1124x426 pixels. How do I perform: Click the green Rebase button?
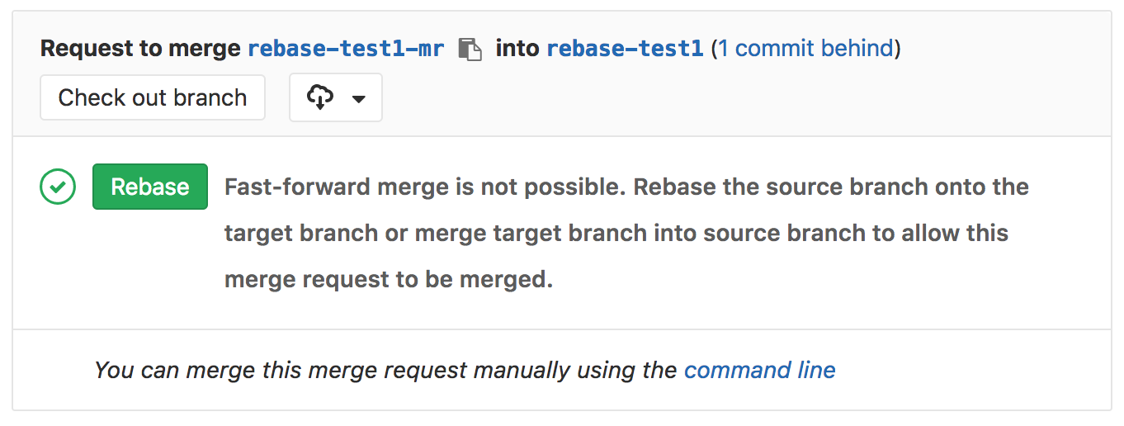coord(149,187)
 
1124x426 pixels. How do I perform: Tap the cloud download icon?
coord(319,97)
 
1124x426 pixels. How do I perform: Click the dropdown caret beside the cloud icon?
coord(358,98)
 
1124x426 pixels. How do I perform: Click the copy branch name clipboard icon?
coord(470,50)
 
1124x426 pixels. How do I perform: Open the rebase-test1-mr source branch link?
coord(346,49)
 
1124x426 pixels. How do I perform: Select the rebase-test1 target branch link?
coord(625,49)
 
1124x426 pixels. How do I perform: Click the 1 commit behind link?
coord(805,49)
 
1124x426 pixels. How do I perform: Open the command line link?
coord(759,370)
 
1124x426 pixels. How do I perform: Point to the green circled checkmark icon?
coord(58,187)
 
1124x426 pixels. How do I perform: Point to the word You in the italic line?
coord(114,370)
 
